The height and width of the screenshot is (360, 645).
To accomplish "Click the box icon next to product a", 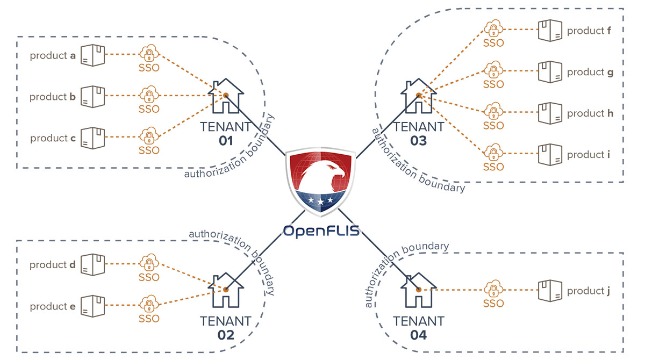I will (x=93, y=55).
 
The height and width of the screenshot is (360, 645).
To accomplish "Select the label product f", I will (x=589, y=31).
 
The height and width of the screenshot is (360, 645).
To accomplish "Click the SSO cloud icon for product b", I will (x=148, y=95).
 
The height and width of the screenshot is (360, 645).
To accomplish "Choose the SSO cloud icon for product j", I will (x=493, y=290).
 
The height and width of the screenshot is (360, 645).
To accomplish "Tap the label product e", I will (x=53, y=306).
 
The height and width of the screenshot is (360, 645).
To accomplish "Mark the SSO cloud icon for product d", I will (x=148, y=263).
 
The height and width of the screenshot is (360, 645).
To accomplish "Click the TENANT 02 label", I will (x=226, y=328).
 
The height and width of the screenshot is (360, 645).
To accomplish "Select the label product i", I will (x=589, y=155).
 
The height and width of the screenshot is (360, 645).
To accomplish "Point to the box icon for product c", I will (x=93, y=138).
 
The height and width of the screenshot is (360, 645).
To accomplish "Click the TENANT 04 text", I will (x=419, y=328).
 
